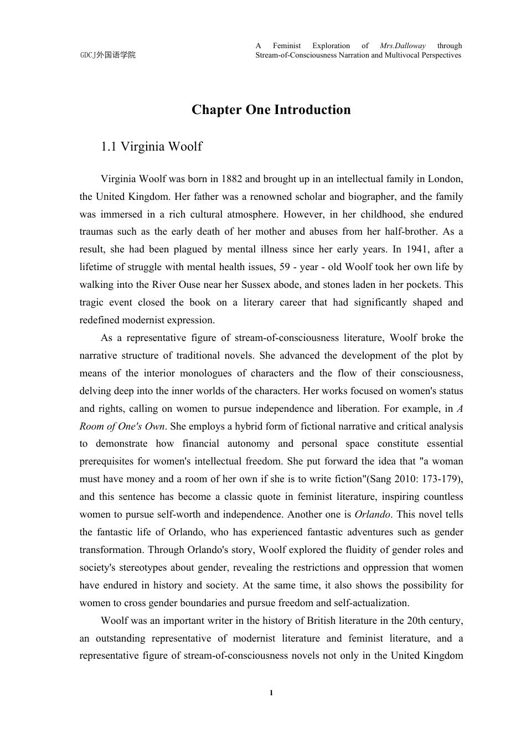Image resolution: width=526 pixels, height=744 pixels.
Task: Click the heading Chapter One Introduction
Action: coord(271,110)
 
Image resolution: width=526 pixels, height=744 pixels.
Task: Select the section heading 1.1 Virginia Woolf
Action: coord(151,147)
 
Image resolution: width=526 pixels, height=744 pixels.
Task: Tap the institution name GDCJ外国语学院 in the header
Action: coord(107,55)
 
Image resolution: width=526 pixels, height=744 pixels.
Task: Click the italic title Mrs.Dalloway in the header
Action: coord(403,46)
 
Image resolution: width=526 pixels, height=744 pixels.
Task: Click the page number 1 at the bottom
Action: coord(271,693)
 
